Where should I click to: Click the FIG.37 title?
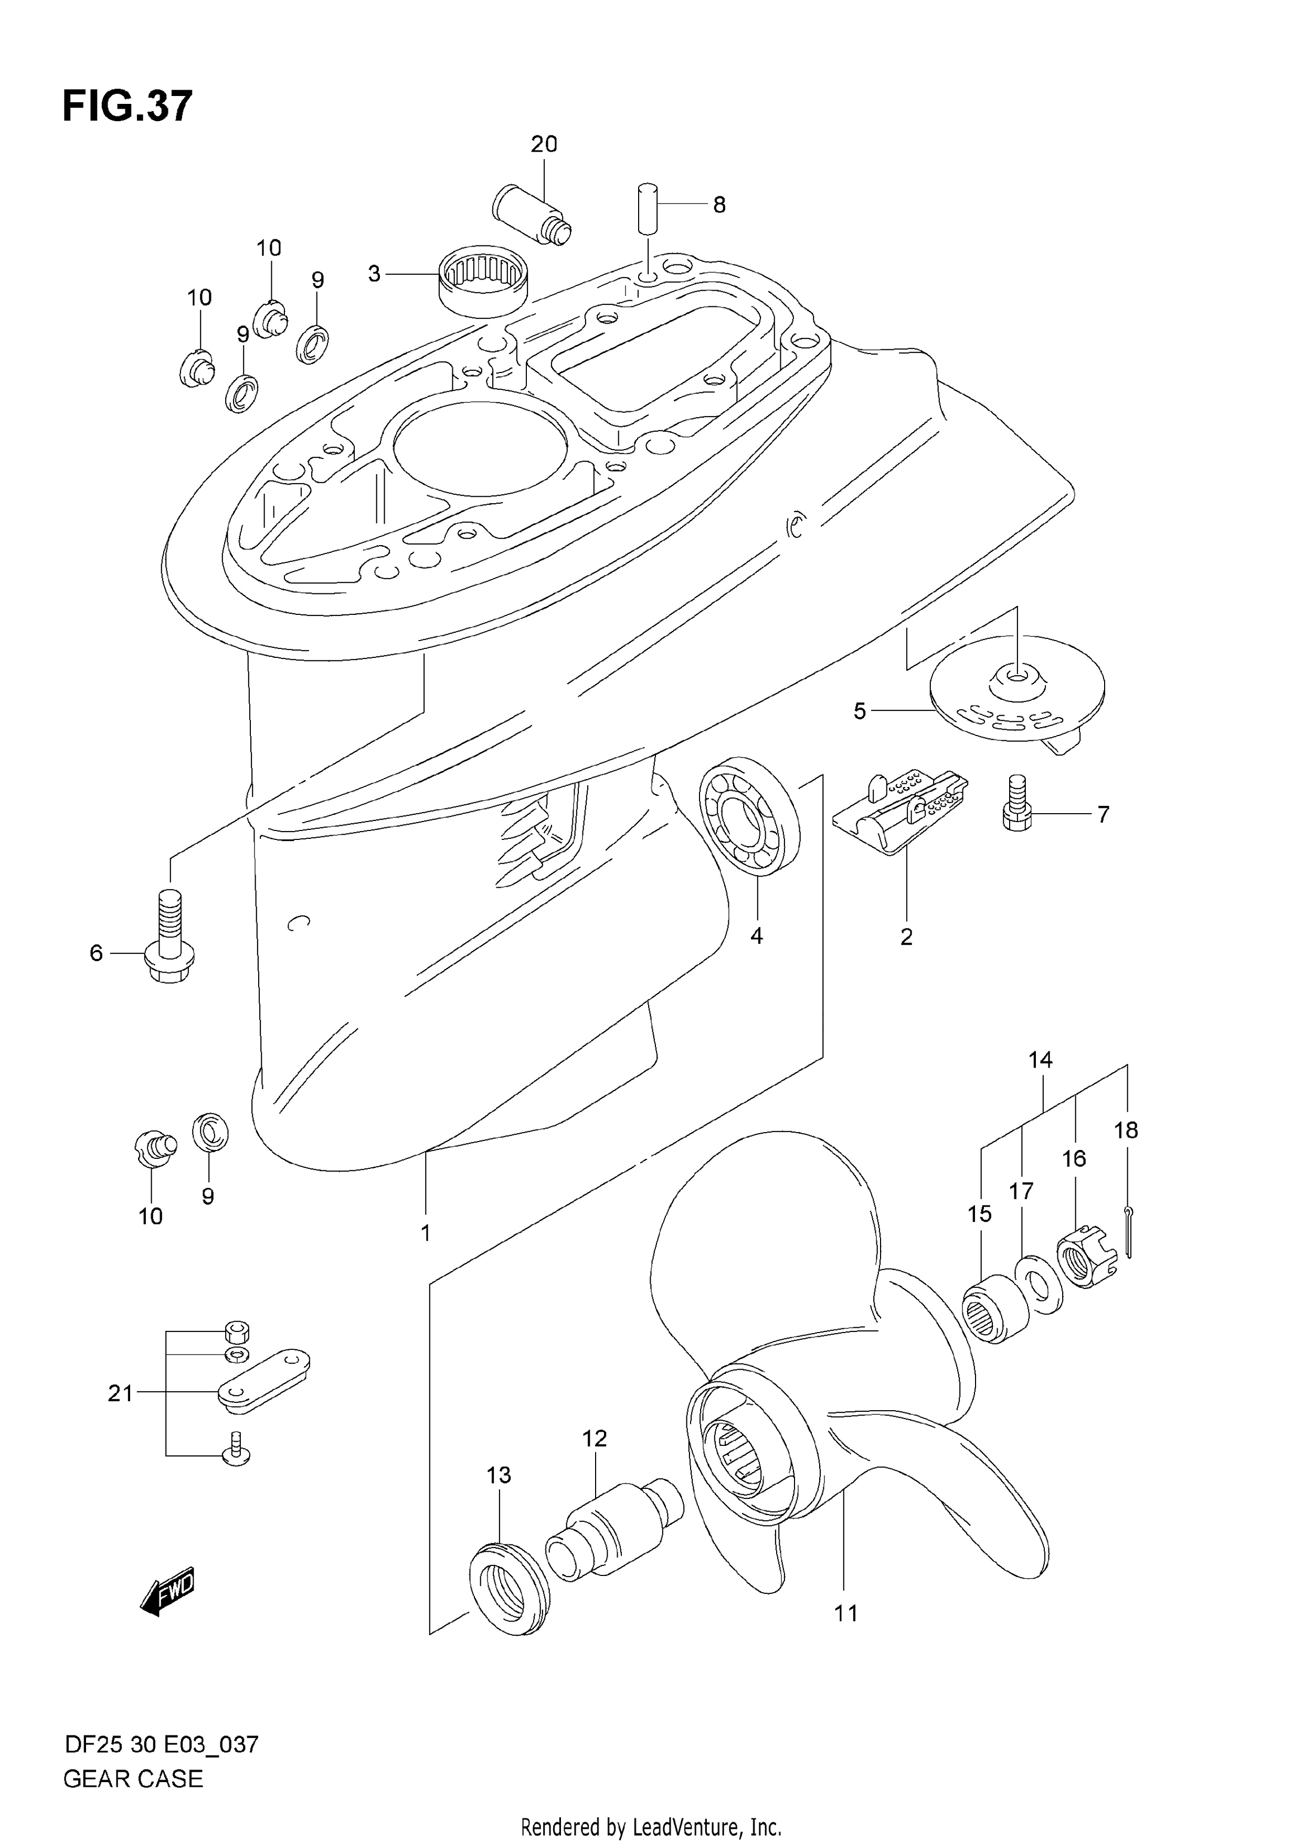point(127,106)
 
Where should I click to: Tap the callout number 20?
point(544,144)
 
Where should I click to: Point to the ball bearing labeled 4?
point(750,815)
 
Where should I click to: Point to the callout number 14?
point(1041,1060)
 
